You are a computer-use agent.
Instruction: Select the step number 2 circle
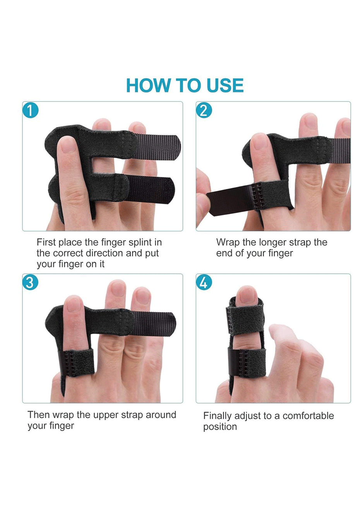pyautogui.click(x=204, y=110)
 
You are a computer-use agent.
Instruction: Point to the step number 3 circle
pyautogui.click(x=30, y=282)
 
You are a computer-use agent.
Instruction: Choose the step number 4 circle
pyautogui.click(x=204, y=282)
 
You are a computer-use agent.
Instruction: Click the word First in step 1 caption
pyautogui.click(x=46, y=242)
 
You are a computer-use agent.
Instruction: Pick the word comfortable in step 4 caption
pyautogui.click(x=308, y=416)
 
